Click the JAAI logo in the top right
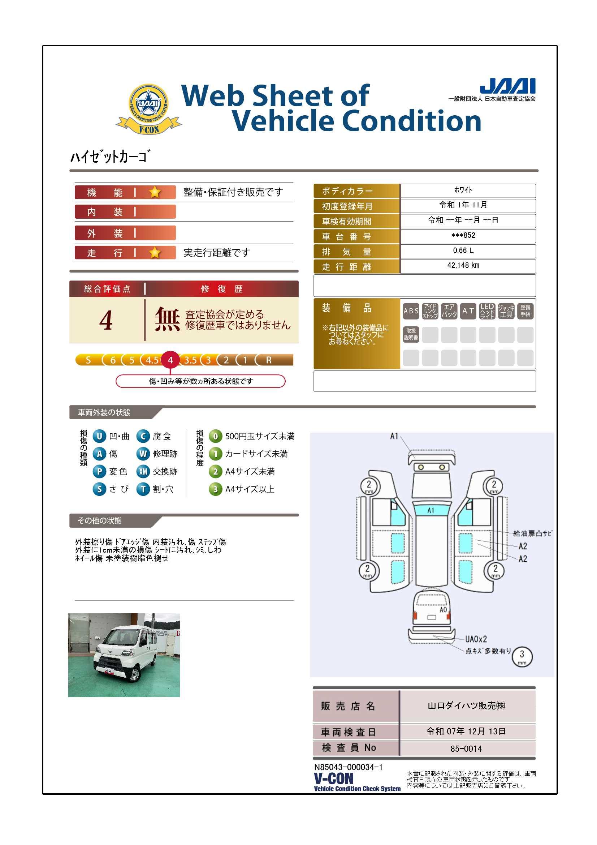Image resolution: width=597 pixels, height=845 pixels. [x=508, y=86]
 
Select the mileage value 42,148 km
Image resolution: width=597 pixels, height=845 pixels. [x=463, y=265]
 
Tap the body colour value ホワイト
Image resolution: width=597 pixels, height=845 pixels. [x=463, y=190]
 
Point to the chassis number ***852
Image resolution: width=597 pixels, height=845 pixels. [x=463, y=235]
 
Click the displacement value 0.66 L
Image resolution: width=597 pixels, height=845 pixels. [x=463, y=250]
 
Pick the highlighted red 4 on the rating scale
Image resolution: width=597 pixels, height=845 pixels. [x=170, y=360]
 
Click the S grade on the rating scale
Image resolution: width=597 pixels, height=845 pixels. [x=88, y=360]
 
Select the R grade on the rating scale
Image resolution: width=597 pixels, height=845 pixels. [x=269, y=360]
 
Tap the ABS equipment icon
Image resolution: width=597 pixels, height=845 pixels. [x=411, y=311]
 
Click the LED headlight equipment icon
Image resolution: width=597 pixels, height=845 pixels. [x=487, y=311]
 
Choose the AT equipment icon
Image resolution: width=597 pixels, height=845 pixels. [x=468, y=311]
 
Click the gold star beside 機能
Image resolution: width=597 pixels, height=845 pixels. [x=155, y=192]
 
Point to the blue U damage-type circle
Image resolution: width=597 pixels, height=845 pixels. [x=99, y=436]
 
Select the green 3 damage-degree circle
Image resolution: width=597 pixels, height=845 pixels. [x=216, y=489]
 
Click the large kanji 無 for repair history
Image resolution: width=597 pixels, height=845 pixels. [x=167, y=319]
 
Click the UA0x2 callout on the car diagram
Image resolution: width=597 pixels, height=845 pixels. [x=476, y=639]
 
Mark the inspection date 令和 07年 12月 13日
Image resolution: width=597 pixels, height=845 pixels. [x=466, y=731]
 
